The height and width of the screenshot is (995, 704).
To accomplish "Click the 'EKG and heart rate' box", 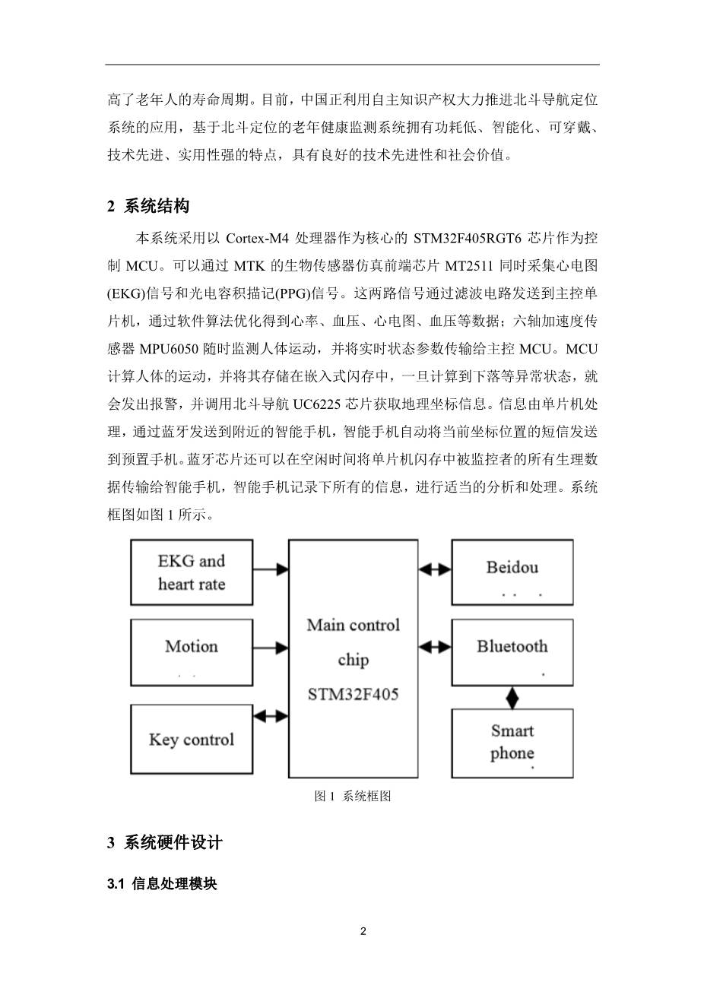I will click(x=192, y=572).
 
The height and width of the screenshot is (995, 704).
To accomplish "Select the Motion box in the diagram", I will click(x=192, y=653).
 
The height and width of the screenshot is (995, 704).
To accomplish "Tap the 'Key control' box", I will click(x=192, y=740).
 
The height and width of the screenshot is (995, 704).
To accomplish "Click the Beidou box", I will click(x=512, y=572).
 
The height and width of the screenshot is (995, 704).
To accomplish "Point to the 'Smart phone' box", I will click(x=512, y=743).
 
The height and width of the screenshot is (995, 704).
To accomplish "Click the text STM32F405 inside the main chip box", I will click(x=353, y=693).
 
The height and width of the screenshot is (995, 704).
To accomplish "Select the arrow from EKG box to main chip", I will click(x=270, y=569).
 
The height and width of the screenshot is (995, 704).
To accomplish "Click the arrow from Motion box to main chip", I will click(x=270, y=648).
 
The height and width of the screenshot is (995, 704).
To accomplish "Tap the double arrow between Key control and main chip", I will click(x=270, y=715).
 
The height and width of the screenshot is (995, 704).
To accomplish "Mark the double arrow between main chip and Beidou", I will click(x=435, y=568).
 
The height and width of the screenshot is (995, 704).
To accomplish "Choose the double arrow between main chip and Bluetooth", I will click(x=435, y=647).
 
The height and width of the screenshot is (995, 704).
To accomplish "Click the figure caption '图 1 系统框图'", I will click(x=353, y=797).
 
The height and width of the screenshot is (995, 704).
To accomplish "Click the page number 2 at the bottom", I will click(x=363, y=931).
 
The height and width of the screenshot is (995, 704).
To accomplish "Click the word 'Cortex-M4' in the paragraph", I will click(x=258, y=238).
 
